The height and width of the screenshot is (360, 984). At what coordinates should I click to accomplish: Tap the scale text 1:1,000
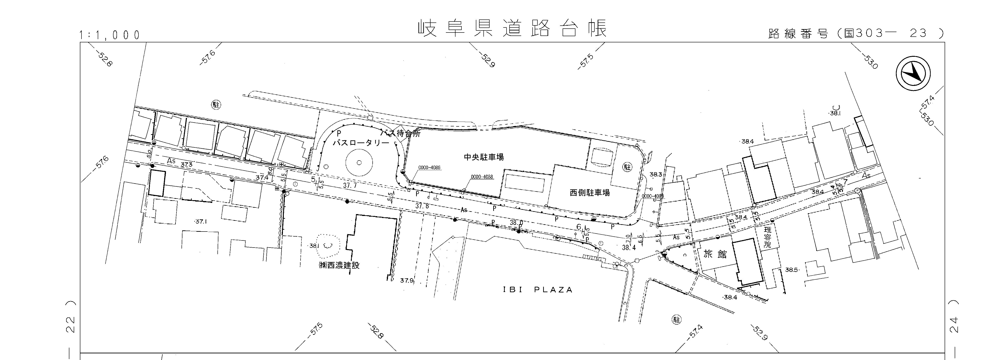[x=110, y=35]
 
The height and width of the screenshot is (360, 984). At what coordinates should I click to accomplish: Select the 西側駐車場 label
[x=590, y=193]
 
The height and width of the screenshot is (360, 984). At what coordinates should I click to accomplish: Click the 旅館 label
[x=715, y=254]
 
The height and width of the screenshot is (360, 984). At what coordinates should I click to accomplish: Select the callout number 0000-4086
[x=429, y=167]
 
